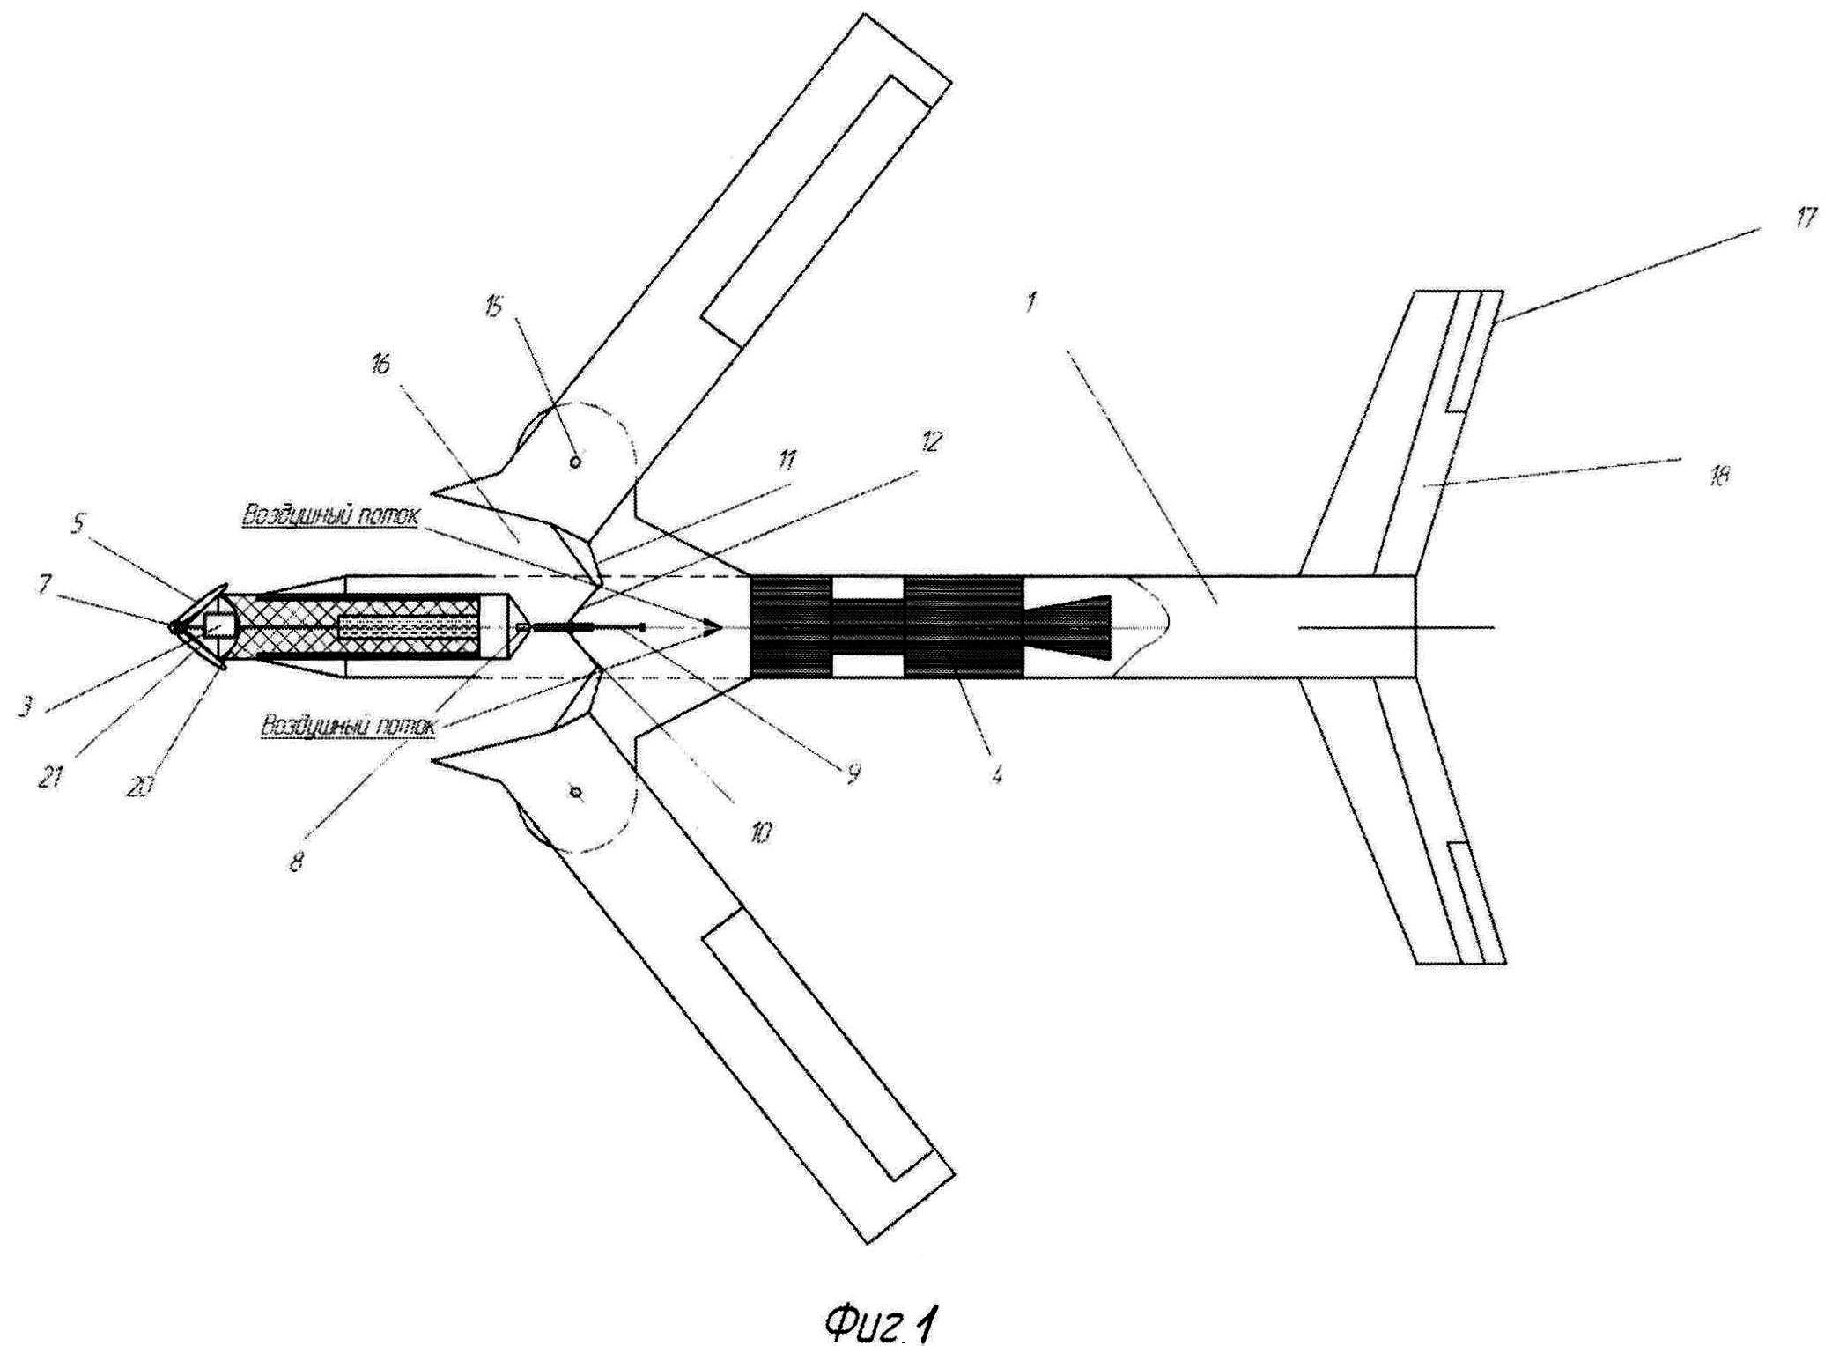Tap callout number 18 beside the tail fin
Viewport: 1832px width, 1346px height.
1718,477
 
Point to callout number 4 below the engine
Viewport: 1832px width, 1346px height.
996,774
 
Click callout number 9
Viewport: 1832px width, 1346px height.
853,773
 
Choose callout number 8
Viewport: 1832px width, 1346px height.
297,862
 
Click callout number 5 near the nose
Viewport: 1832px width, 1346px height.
79,524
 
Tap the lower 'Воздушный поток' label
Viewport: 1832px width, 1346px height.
348,727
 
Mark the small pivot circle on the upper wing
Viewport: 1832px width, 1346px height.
575,462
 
